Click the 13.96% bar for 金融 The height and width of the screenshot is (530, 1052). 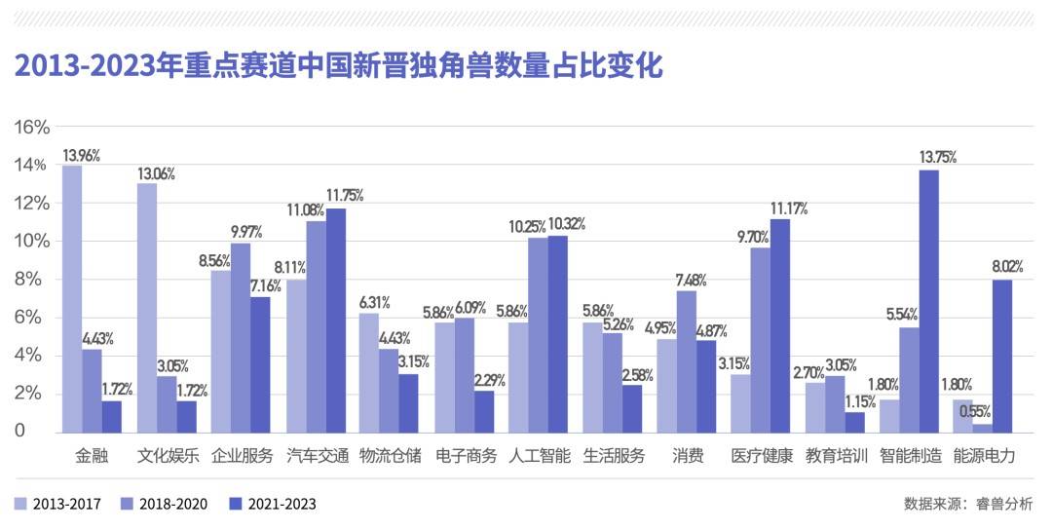pyautogui.click(x=72, y=298)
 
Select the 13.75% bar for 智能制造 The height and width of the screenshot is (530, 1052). pyautogui.click(x=928, y=300)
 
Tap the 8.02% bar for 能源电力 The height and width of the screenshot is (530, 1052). pyautogui.click(x=1002, y=356)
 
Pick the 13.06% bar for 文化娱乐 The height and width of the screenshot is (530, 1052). pyautogui.click(x=147, y=307)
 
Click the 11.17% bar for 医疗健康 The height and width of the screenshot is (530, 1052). pyautogui.click(x=779, y=324)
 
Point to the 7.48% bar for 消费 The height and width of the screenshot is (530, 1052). pyautogui.click(x=686, y=360)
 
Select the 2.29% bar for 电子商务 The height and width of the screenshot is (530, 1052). pyautogui.click(x=484, y=410)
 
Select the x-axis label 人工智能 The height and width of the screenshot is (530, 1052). pyautogui.click(x=539, y=456)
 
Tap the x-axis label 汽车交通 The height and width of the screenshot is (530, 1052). pyautogui.click(x=316, y=456)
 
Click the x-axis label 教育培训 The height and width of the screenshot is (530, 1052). pyautogui.click(x=836, y=456)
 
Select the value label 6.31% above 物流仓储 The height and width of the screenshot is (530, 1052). pyautogui.click(x=376, y=302)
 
